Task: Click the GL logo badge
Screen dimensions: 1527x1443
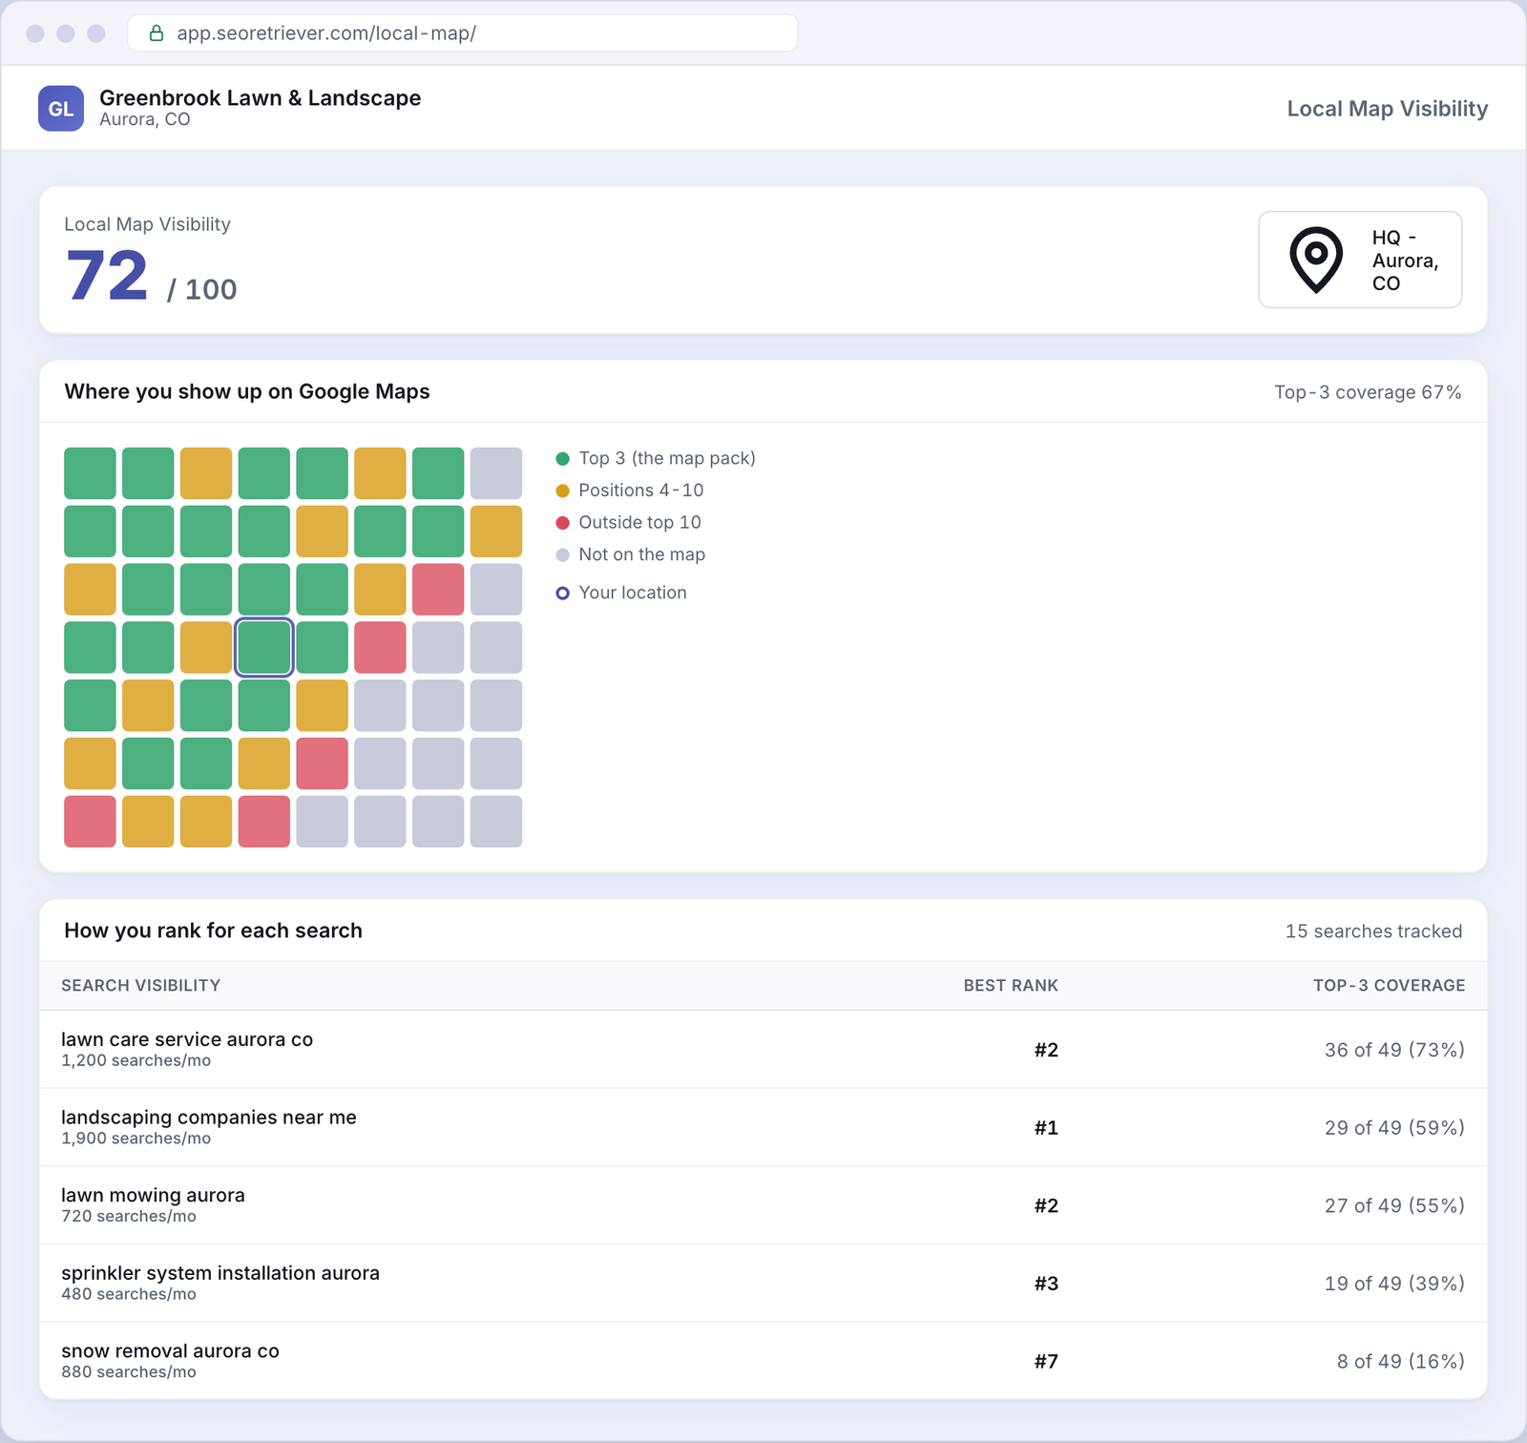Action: pyautogui.click(x=61, y=108)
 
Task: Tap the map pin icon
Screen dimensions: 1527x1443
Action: pyautogui.click(x=1316, y=260)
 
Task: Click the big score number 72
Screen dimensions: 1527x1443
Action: pyautogui.click(x=107, y=276)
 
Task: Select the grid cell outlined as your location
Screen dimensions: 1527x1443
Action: pyautogui.click(x=263, y=647)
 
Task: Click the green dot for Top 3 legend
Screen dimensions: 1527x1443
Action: pyautogui.click(x=563, y=459)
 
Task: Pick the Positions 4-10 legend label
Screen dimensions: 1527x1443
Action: pyautogui.click(x=640, y=491)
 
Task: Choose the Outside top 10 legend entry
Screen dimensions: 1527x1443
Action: pyautogui.click(x=629, y=523)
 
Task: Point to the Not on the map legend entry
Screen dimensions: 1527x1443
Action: pyautogui.click(x=631, y=555)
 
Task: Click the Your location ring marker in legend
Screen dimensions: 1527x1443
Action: pyautogui.click(x=563, y=594)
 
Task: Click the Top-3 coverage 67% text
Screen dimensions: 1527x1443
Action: pyautogui.click(x=1368, y=392)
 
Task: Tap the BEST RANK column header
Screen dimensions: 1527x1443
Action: pyautogui.click(x=1011, y=986)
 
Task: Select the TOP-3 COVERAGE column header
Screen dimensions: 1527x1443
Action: pyautogui.click(x=1389, y=986)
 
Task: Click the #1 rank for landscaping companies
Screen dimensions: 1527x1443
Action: pyautogui.click(x=1046, y=1128)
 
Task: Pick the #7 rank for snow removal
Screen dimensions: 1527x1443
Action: pyautogui.click(x=1046, y=1362)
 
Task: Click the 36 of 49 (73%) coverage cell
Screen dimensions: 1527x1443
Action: pyautogui.click(x=1394, y=1050)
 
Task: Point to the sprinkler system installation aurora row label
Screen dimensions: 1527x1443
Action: pyautogui.click(x=220, y=1273)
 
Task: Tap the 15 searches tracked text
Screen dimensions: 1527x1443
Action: pyautogui.click(x=1373, y=931)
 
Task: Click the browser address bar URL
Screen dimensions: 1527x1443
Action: pyautogui.click(x=326, y=33)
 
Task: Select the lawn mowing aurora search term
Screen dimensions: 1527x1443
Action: pyautogui.click(x=153, y=1196)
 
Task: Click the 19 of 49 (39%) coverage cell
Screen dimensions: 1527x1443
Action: pyautogui.click(x=1394, y=1284)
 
